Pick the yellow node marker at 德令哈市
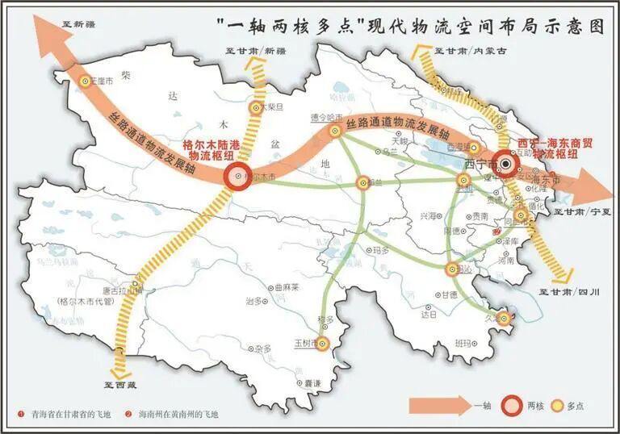335,131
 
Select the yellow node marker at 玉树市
322,344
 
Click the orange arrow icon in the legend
439,404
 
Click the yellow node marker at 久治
505,319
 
